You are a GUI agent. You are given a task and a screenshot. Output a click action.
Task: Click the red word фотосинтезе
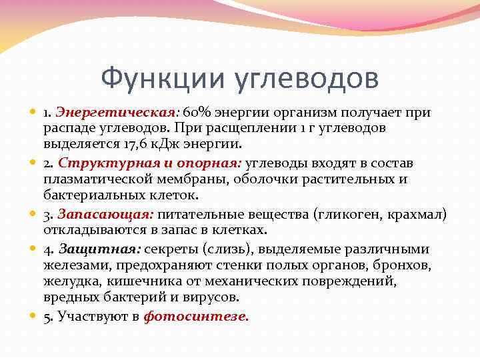195,317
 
